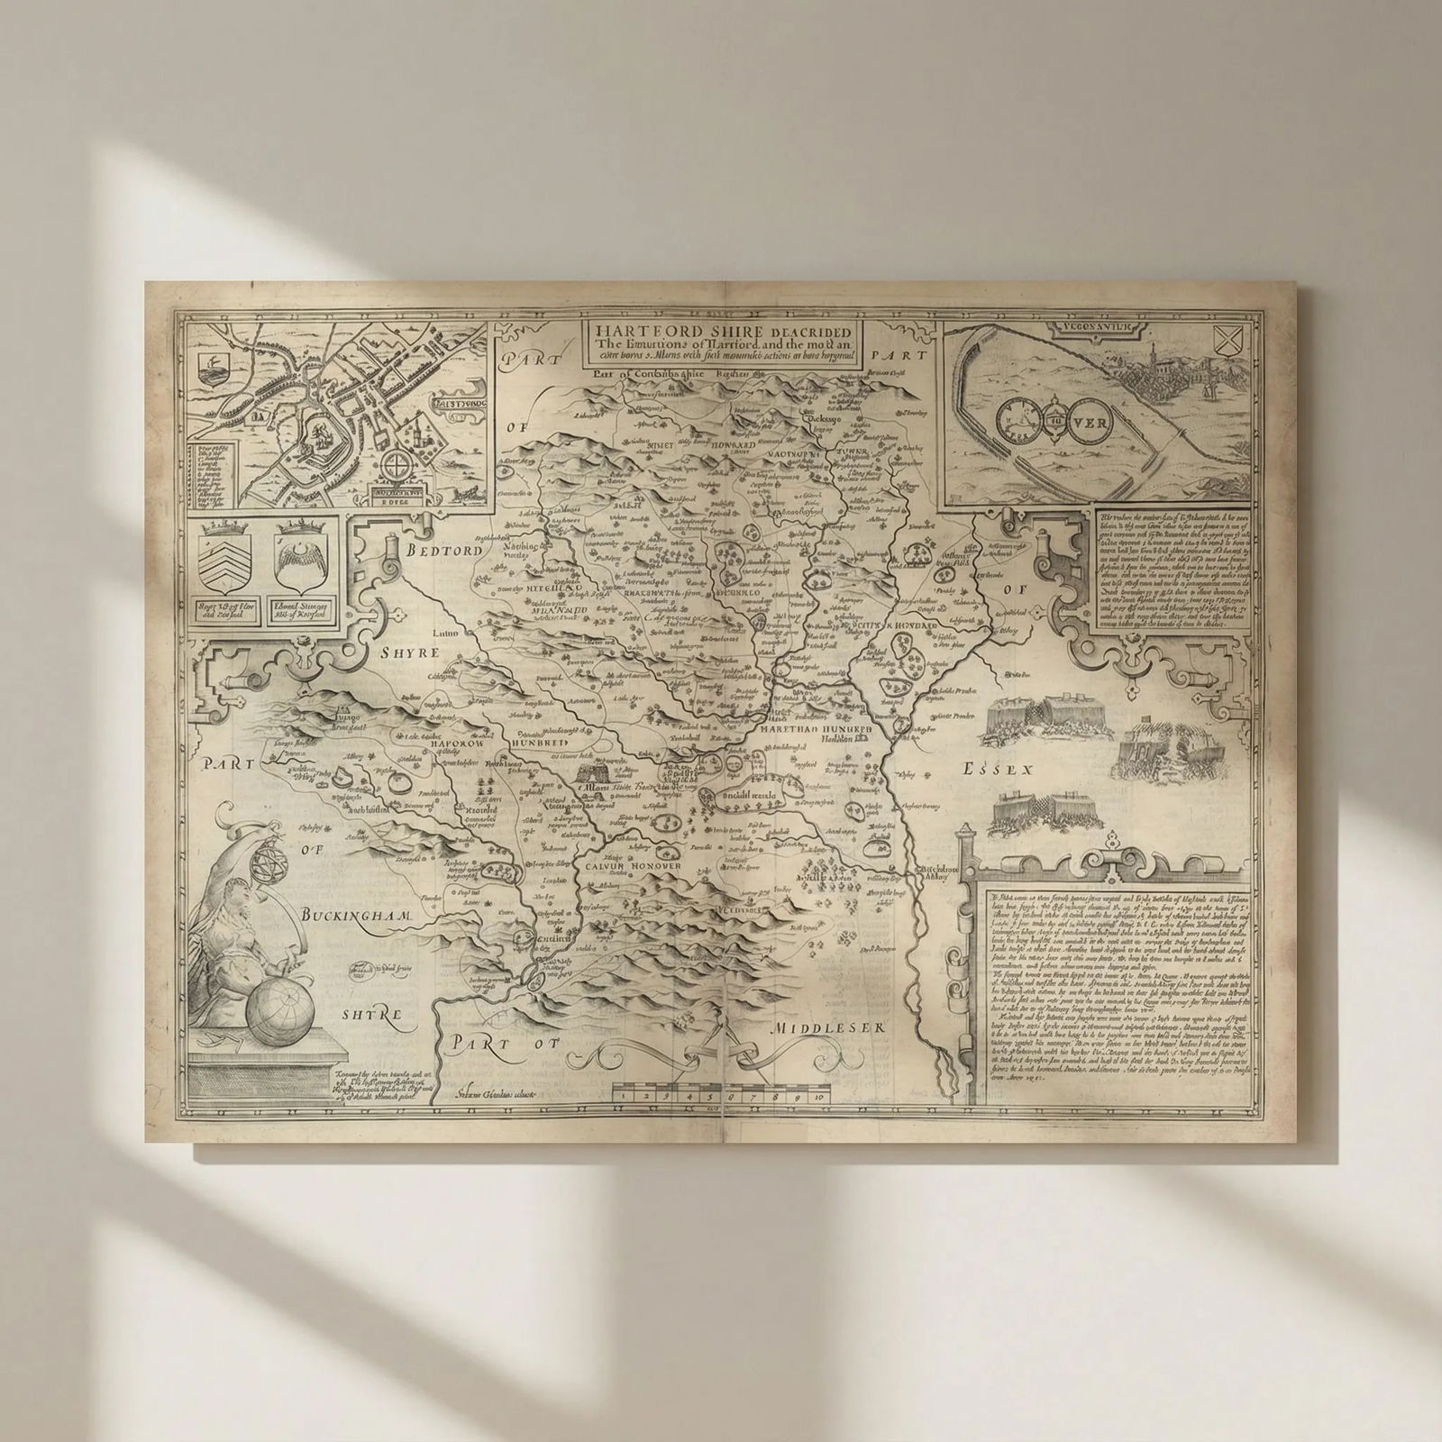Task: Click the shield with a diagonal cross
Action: pyautogui.click(x=1226, y=342)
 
